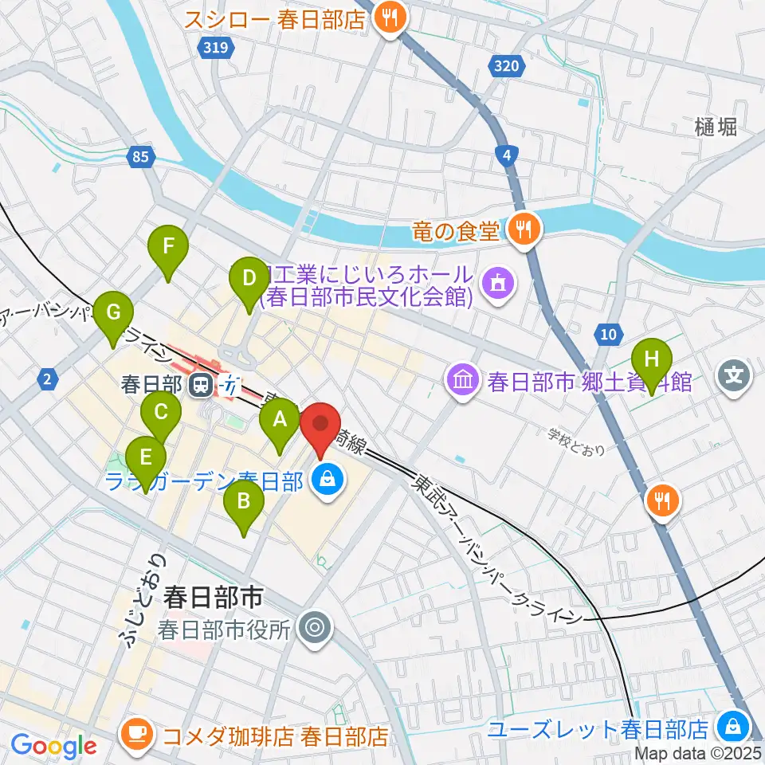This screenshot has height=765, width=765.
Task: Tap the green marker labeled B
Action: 244,504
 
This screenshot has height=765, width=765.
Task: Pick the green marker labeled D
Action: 249,280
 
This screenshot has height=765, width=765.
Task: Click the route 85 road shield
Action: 140,159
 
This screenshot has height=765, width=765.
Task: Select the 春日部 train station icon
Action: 202,386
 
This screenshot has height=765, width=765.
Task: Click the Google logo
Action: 53,746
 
